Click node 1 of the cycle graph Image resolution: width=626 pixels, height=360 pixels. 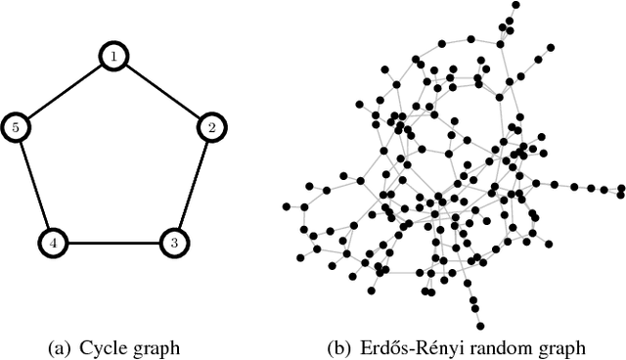[x=114, y=58]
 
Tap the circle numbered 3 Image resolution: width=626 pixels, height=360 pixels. [x=174, y=241]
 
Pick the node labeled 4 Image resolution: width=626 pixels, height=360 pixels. [x=54, y=241]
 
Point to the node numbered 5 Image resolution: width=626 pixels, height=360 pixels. [x=17, y=126]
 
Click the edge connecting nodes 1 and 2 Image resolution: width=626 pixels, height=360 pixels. [x=163, y=92]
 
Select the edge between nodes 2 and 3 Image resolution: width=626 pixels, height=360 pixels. [x=193, y=184]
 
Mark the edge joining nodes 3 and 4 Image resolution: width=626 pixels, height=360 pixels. [x=113, y=242]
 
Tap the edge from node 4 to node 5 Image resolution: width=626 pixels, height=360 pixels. [x=35, y=184]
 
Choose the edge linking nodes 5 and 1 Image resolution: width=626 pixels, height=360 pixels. [x=66, y=92]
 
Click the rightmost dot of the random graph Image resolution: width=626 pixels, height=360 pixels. [x=620, y=187]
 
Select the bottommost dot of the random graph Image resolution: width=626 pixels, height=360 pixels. [x=481, y=326]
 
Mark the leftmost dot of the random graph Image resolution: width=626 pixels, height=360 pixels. [x=287, y=206]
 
